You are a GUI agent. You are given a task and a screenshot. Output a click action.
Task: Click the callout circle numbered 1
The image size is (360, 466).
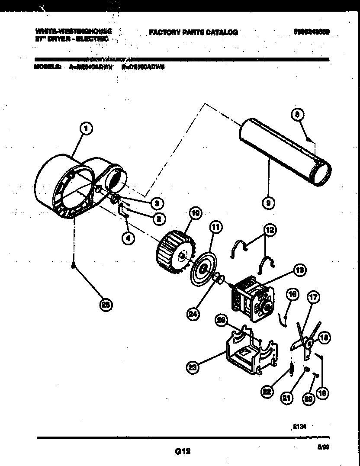(x=87, y=128)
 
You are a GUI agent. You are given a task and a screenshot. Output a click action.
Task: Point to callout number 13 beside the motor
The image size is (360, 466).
(x=298, y=271)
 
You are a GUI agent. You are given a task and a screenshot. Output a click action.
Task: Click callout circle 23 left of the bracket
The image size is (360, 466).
(x=193, y=368)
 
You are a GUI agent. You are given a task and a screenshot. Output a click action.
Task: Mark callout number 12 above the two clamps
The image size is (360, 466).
(x=270, y=230)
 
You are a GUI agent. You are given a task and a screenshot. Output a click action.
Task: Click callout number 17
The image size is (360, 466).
(x=313, y=298)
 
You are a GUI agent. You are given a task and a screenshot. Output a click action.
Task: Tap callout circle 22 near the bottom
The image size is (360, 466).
(x=267, y=392)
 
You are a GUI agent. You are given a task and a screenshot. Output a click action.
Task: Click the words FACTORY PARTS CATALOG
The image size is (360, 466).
(x=193, y=32)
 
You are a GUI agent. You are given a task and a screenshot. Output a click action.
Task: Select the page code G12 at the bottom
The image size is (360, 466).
(x=183, y=451)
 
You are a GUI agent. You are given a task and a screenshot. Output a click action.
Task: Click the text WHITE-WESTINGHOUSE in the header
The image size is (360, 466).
(x=73, y=32)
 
